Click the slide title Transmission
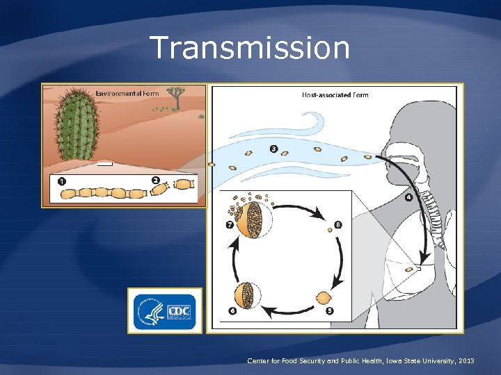pyautogui.click(x=250, y=48)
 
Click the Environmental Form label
pyautogui.click(x=127, y=93)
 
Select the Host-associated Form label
pyautogui.click(x=335, y=94)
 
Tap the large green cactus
pyautogui.click(x=76, y=125)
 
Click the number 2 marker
pyautogui.click(x=155, y=181)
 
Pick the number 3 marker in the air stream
pyautogui.click(x=273, y=149)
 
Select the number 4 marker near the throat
pyautogui.click(x=408, y=197)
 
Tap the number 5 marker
pyautogui.click(x=329, y=310)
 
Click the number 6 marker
pyautogui.click(x=232, y=310)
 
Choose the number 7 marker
pyautogui.click(x=230, y=225)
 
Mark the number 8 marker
pyautogui.click(x=337, y=225)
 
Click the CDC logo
pyautogui.click(x=165, y=311)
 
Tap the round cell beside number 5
pyautogui.click(x=324, y=298)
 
